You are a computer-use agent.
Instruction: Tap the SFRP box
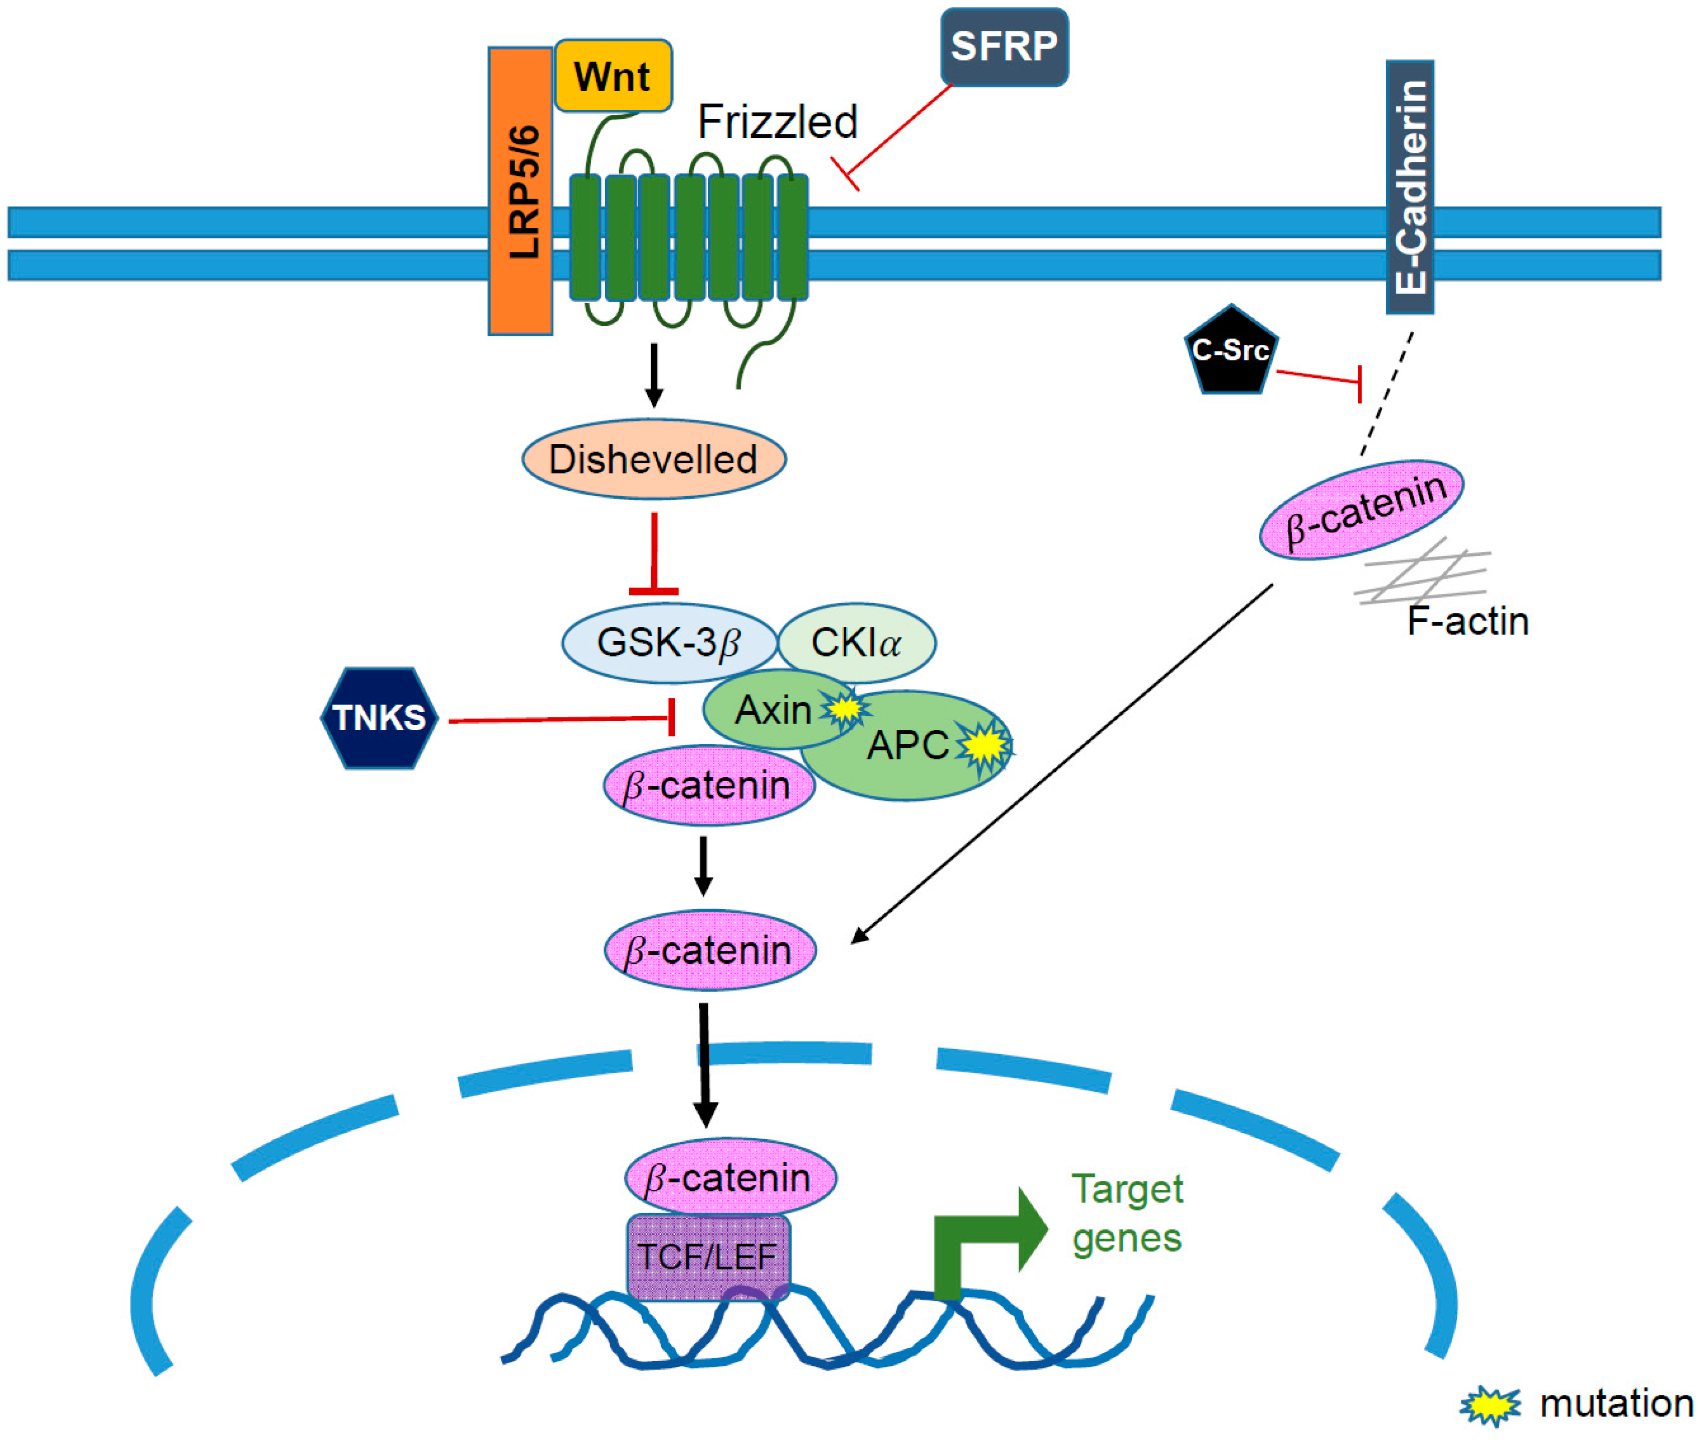[x=1004, y=47]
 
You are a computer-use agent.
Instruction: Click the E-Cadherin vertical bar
[x=1409, y=186]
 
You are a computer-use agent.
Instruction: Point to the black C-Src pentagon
[x=1230, y=352]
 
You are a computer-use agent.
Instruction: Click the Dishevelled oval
[x=654, y=460]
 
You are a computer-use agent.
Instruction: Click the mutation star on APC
[x=985, y=744]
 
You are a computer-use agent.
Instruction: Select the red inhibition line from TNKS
[x=560, y=720]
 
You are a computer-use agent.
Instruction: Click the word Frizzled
[x=777, y=123]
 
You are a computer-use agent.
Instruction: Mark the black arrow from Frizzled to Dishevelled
[x=654, y=374]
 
